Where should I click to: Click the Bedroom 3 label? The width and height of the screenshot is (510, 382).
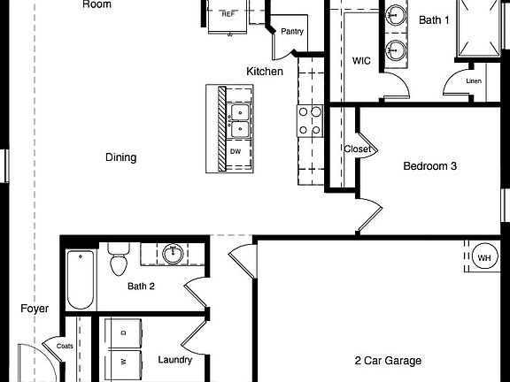tap(429, 165)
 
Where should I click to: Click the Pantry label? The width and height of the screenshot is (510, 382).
tap(292, 32)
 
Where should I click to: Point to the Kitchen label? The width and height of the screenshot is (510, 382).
tap(264, 71)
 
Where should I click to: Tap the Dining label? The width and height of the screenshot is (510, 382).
tap(121, 157)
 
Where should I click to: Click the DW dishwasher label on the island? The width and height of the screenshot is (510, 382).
tap(236, 151)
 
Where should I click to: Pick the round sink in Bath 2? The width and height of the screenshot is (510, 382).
tap(174, 255)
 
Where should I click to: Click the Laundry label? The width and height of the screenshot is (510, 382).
tap(175, 360)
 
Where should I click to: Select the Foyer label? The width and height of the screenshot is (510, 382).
tap(35, 309)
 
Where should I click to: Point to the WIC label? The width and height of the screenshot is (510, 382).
tap(361, 61)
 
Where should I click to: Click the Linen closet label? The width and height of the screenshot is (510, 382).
tap(475, 82)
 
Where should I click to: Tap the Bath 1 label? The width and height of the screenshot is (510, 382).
tap(434, 19)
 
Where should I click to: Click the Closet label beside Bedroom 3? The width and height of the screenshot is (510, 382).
tap(357, 149)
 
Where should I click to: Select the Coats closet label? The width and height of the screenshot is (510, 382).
tap(65, 346)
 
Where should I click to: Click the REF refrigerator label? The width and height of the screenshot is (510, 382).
tap(228, 14)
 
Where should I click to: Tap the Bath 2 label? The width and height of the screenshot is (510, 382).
tap(141, 286)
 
